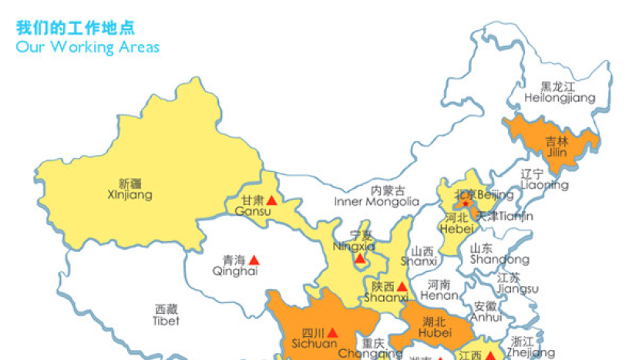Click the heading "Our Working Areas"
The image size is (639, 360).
coord(88,46)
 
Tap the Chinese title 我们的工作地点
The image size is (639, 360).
coord(76,28)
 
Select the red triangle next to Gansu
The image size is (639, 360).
coord(271,200)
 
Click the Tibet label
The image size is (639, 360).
coord(166,315)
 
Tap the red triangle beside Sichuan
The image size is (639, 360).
coord(331,332)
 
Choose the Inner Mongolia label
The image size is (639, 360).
coord(376,196)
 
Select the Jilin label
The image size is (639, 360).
coord(557,146)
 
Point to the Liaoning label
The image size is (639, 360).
coord(543,180)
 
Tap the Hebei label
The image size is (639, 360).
coord(456,223)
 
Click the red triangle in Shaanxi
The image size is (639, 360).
coord(402,286)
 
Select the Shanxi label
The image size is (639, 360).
coord(423,256)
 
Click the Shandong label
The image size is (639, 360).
coord(488,254)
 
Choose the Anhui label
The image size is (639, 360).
coord(486,311)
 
